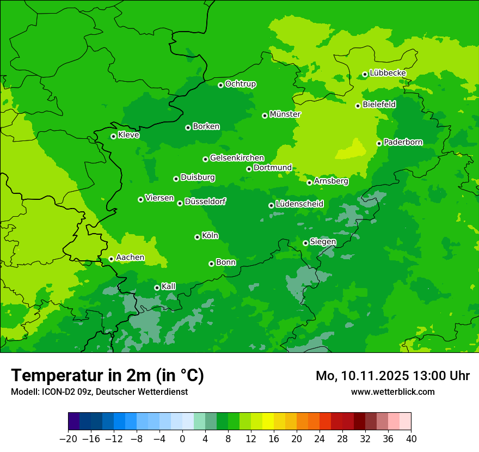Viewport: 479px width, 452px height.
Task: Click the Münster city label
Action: point(285,114)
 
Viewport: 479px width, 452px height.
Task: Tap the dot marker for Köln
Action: point(197,237)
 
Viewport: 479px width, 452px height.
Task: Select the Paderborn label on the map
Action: point(403,142)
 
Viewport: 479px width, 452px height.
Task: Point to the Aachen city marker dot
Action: point(111,259)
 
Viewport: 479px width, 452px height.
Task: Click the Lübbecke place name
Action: point(388,73)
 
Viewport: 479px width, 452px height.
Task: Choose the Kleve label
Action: point(129,135)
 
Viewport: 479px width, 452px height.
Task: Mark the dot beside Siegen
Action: point(305,243)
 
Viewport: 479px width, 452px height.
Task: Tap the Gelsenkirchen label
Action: point(237,158)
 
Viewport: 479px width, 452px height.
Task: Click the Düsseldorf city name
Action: point(205,201)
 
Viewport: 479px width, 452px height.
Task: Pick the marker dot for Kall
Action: point(157,288)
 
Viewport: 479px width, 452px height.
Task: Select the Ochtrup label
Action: point(241,84)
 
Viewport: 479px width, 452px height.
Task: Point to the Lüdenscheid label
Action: point(300,204)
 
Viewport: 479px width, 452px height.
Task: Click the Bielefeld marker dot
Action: point(358,106)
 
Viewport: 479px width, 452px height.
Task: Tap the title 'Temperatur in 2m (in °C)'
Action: point(108,375)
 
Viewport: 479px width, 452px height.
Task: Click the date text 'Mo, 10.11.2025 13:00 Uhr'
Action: point(392,376)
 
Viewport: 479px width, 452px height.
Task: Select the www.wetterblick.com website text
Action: point(392,392)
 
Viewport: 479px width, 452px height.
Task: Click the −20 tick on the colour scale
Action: point(68,439)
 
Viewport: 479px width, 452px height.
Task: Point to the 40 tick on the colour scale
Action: point(411,439)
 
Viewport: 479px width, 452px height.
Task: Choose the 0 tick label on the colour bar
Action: point(182,439)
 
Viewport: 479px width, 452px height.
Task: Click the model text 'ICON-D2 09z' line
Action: point(99,392)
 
